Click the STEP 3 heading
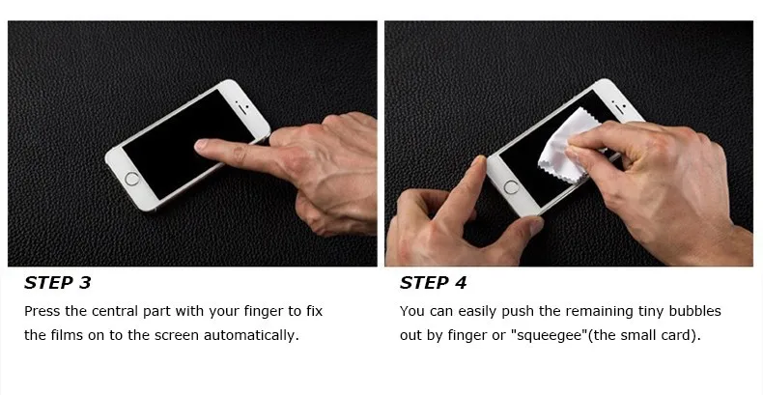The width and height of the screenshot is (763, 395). tap(57, 283)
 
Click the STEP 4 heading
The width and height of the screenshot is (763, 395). tap(433, 283)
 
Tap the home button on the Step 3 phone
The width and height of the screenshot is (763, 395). tap(132, 179)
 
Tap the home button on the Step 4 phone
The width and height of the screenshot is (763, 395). tap(512, 187)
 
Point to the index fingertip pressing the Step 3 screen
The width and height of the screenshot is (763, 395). tap(201, 145)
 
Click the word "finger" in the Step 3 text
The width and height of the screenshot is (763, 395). tap(263, 312)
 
